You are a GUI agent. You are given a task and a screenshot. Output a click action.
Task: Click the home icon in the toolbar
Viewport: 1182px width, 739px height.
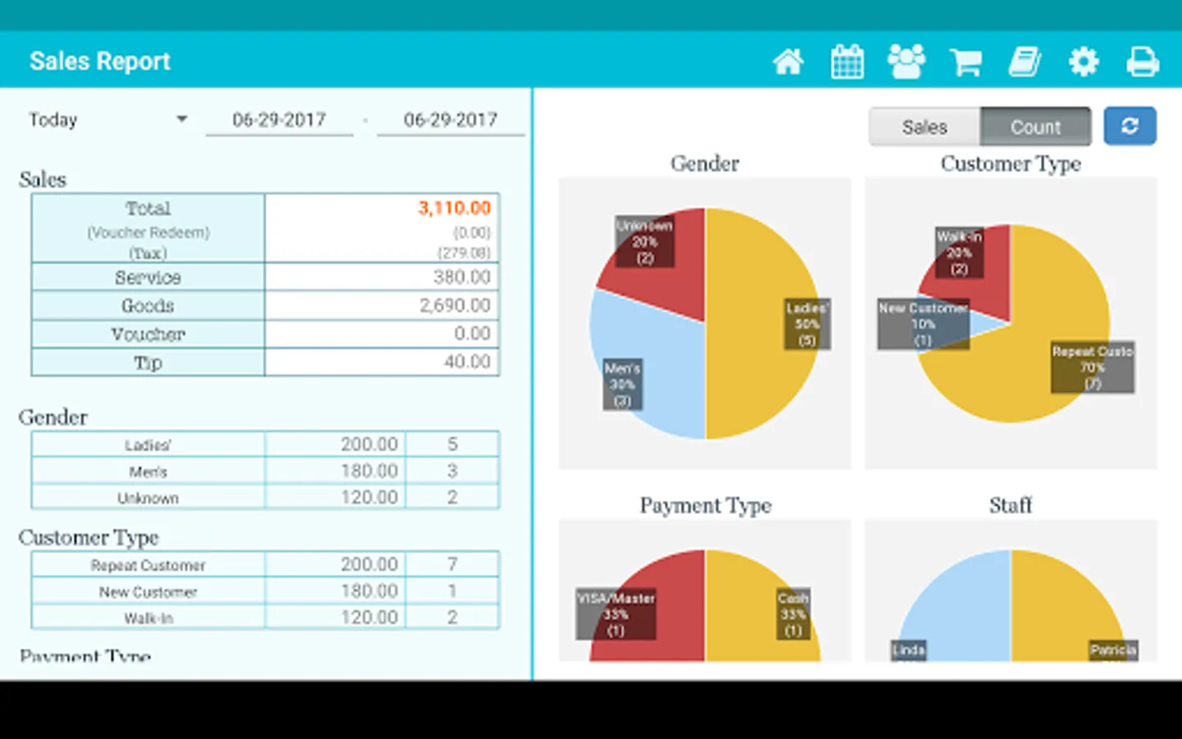[788, 62]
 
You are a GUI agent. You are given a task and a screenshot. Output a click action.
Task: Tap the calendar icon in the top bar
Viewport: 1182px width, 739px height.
[847, 62]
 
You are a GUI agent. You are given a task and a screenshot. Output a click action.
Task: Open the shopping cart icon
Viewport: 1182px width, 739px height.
[965, 62]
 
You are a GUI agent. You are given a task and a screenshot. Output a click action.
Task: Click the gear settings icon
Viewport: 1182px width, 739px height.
[1083, 62]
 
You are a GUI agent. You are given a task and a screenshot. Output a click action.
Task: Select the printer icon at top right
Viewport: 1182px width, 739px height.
[1143, 62]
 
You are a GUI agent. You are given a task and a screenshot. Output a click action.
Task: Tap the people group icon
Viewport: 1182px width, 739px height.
[906, 62]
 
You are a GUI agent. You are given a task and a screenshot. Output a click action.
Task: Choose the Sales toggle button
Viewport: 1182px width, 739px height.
[924, 126]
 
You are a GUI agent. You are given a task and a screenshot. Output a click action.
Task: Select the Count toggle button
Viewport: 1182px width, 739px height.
[1035, 126]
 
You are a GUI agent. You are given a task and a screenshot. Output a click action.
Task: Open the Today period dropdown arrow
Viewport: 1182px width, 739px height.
[181, 119]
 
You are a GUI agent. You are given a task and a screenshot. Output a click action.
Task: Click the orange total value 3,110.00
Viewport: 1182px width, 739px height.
[454, 208]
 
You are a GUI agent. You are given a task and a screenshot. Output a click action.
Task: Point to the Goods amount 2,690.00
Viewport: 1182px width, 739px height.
[455, 305]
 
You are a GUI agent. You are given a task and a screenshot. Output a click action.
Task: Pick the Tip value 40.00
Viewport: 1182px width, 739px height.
[467, 361]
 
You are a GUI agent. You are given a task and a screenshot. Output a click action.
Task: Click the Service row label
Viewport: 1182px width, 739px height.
[148, 278]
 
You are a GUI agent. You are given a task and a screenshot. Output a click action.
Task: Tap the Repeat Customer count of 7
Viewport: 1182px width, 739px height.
[452, 564]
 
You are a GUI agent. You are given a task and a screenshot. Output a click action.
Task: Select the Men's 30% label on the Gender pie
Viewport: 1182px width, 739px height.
[622, 384]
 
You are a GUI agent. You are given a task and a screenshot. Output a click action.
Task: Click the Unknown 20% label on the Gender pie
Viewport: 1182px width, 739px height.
[644, 241]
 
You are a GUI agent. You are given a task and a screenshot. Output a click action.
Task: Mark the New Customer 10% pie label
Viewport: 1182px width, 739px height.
[923, 324]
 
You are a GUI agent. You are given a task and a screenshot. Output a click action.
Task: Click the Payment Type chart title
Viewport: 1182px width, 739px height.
[705, 505]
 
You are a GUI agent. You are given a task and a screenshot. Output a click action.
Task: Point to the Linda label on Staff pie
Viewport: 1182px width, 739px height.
[909, 650]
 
